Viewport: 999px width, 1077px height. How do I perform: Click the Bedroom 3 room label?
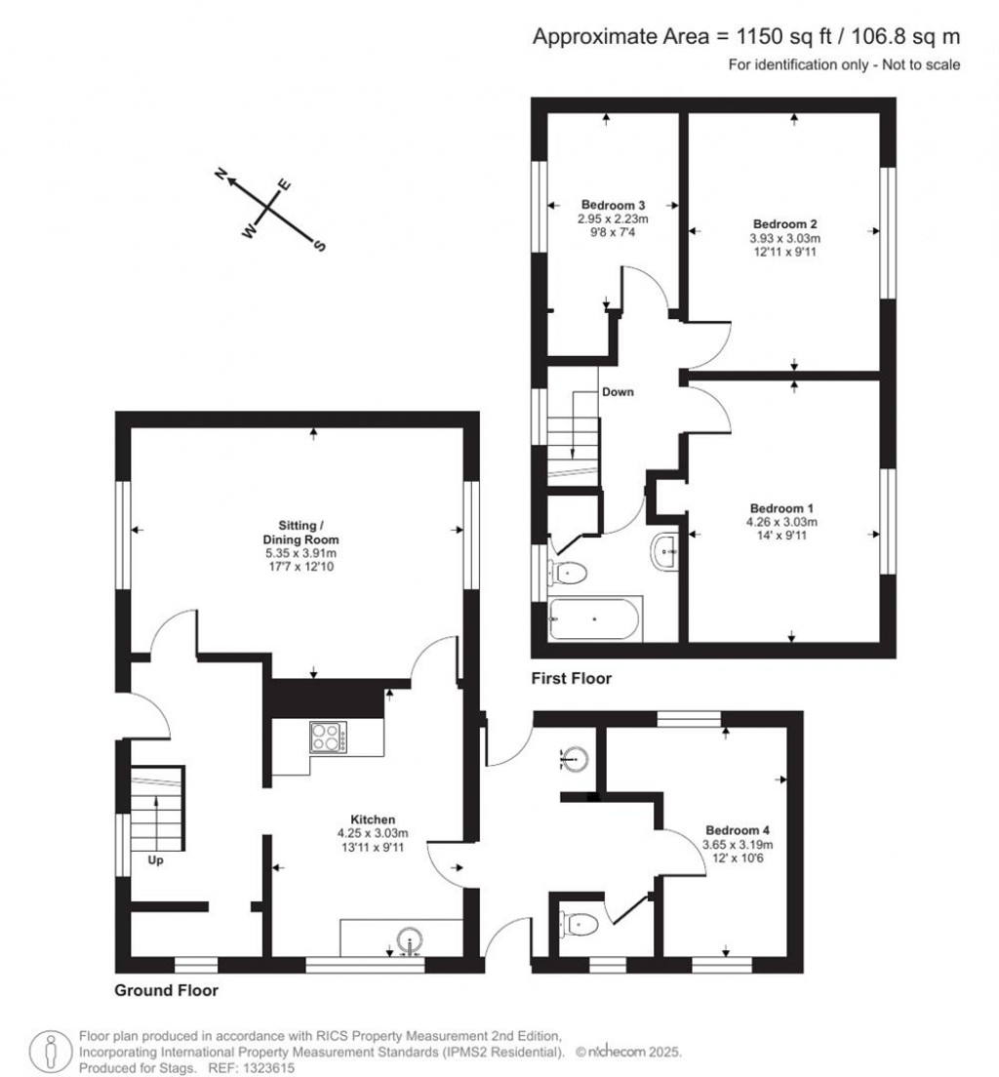pyautogui.click(x=614, y=205)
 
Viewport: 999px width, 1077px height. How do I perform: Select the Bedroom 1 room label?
pyautogui.click(x=781, y=508)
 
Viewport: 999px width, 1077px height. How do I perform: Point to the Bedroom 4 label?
pyautogui.click(x=739, y=830)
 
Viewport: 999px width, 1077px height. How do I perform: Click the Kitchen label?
pyautogui.click(x=373, y=819)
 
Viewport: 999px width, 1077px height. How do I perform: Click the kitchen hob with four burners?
pyautogui.click(x=329, y=737)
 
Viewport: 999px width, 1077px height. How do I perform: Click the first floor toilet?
pyautogui.click(x=568, y=571)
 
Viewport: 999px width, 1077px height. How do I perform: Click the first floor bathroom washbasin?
pyautogui.click(x=664, y=552)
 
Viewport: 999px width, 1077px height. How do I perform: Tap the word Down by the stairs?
pyautogui.click(x=618, y=392)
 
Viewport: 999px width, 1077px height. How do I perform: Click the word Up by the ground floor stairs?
pyautogui.click(x=155, y=861)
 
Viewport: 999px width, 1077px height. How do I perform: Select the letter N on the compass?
pyautogui.click(x=221, y=175)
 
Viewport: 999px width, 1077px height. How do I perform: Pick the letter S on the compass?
pyautogui.click(x=317, y=246)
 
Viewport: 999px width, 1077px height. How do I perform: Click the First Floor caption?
pyautogui.click(x=571, y=678)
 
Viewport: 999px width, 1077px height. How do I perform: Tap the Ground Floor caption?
pyautogui.click(x=166, y=990)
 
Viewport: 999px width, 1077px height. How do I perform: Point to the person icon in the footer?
pyautogui.click(x=50, y=1051)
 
